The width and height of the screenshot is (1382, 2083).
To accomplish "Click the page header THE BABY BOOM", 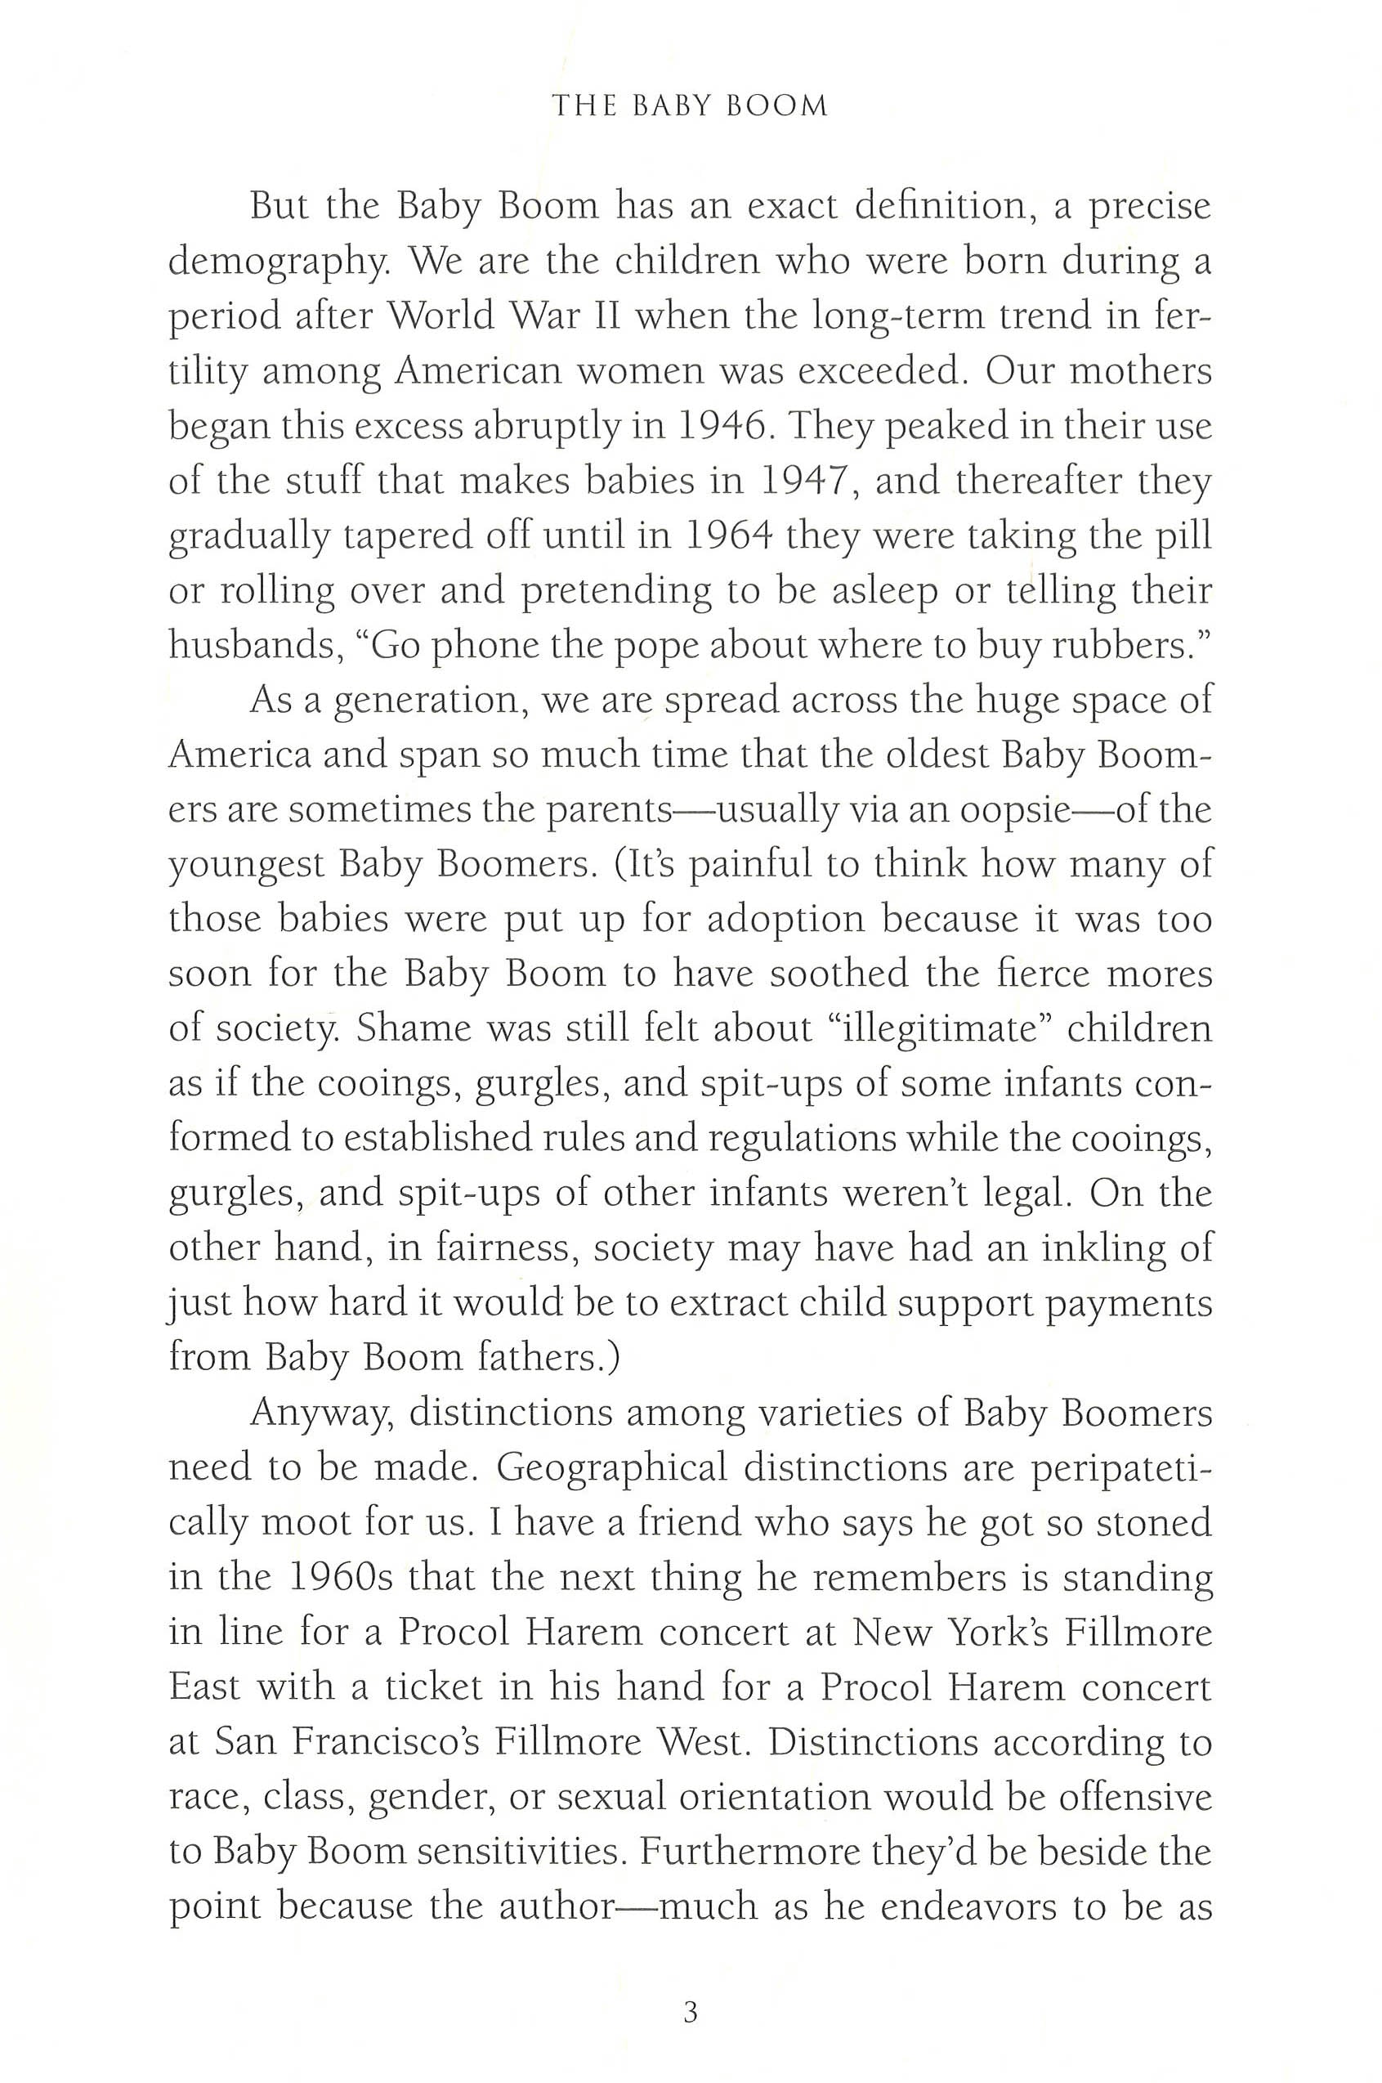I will click(690, 106).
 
